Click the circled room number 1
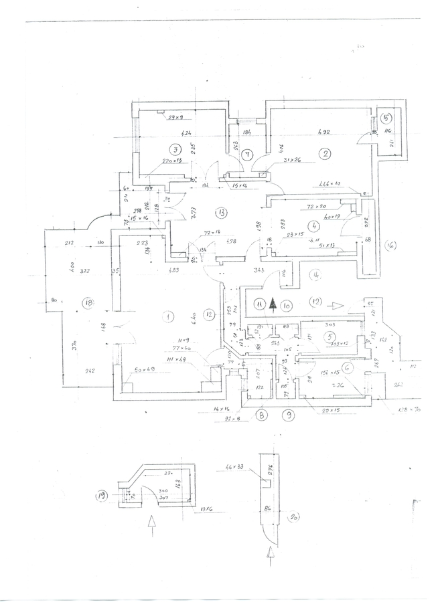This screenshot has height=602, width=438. pyautogui.click(x=170, y=315)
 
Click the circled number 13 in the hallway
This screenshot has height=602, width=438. pyautogui.click(x=222, y=213)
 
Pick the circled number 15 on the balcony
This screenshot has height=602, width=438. pyautogui.click(x=387, y=118)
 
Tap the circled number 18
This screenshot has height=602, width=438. pyautogui.click(x=88, y=302)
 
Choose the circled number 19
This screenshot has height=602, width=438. pyautogui.click(x=102, y=496)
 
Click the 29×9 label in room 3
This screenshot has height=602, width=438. pyautogui.click(x=175, y=118)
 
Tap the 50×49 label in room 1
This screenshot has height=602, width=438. pyautogui.click(x=144, y=369)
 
